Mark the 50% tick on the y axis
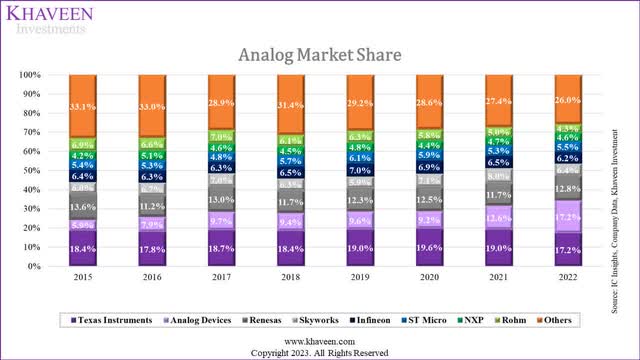(x=33, y=171)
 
